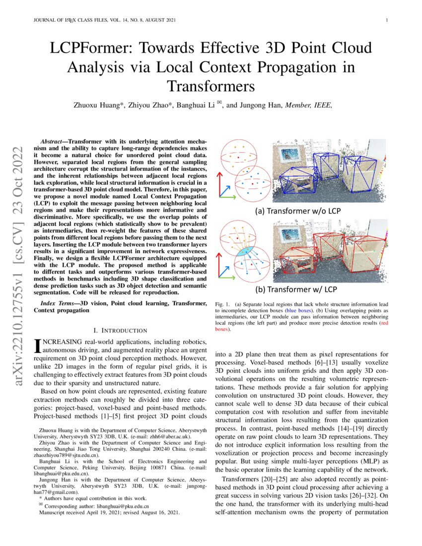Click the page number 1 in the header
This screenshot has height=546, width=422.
[386, 20]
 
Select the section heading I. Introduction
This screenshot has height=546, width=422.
[120, 331]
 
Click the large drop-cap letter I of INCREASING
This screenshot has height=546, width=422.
[37, 346]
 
